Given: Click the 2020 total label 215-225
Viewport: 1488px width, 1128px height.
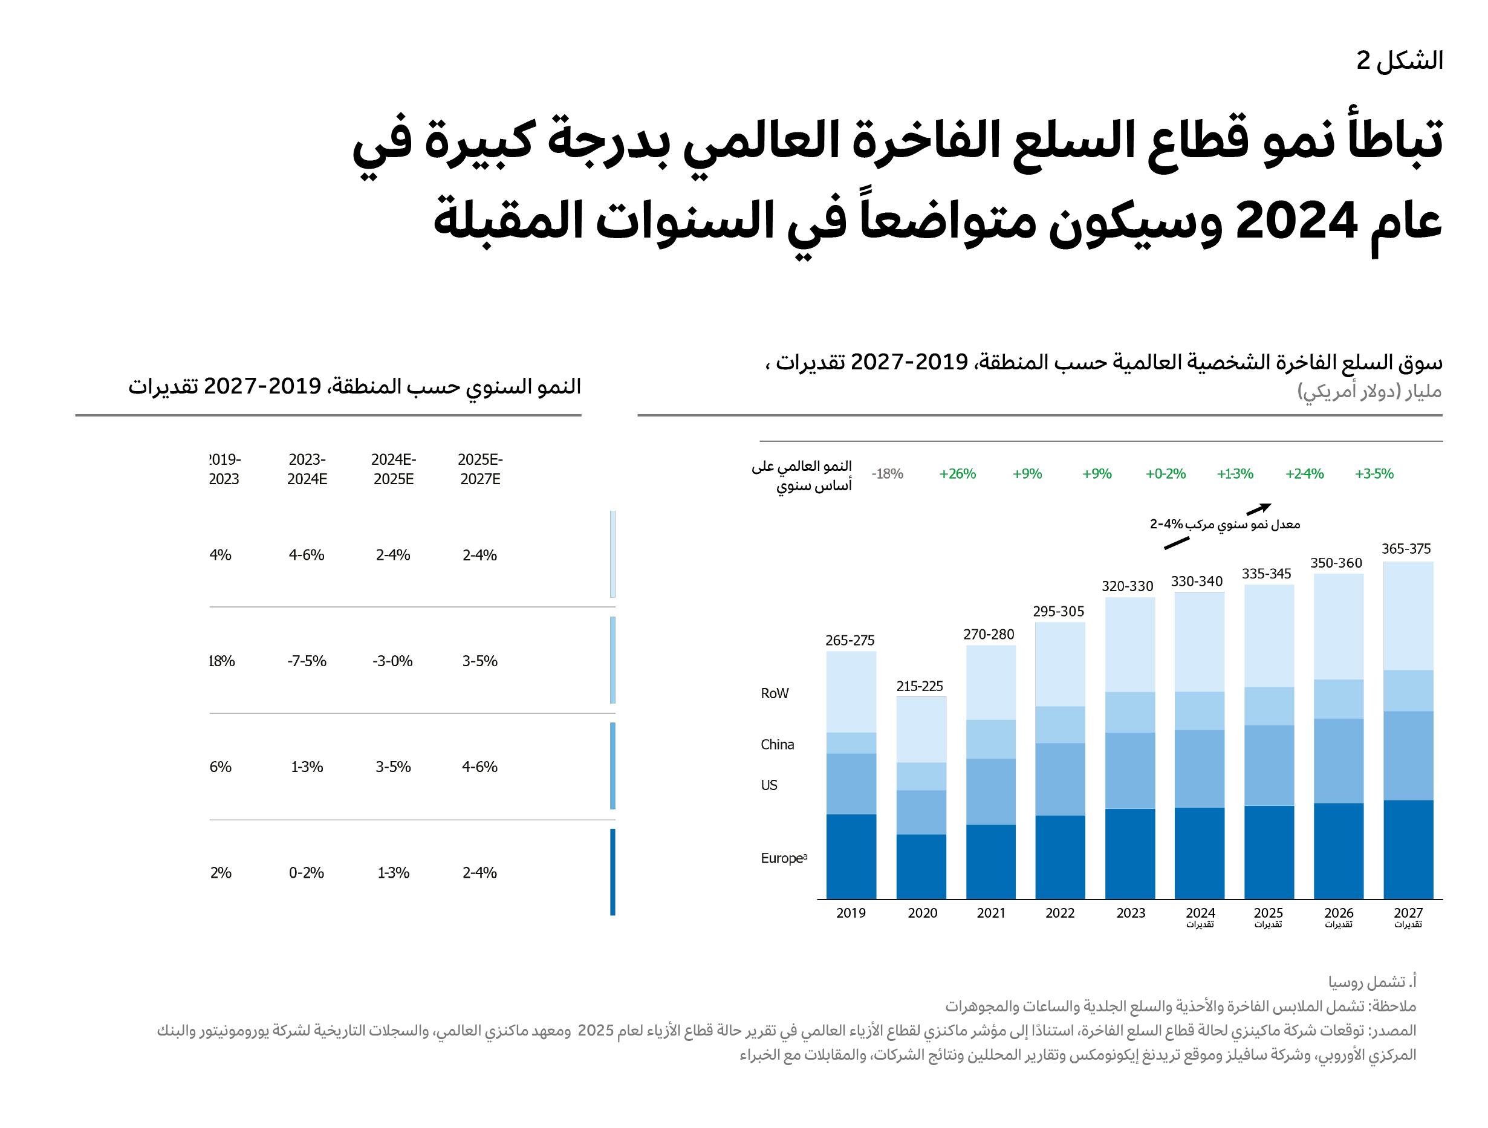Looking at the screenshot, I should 920,686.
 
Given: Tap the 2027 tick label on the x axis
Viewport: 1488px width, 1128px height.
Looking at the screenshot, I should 1408,913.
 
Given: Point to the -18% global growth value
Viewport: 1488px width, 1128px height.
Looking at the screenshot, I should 887,473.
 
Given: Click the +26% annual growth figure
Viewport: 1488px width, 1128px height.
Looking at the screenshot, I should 957,473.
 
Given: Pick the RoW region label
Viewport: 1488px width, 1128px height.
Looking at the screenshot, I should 775,693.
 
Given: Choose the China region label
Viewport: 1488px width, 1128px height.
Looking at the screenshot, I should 777,745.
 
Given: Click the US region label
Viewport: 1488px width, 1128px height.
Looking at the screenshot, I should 769,785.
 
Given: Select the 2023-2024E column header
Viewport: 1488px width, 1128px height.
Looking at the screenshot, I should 307,469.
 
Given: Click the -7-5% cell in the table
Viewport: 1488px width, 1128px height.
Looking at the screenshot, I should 307,661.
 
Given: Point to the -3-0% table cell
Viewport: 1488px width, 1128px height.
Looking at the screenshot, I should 393,661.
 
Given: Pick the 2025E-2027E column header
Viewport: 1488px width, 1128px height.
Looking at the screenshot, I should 479,469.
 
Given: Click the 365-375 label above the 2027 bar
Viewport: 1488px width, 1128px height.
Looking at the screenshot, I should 1406,549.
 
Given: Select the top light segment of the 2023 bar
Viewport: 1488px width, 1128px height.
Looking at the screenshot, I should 1130,644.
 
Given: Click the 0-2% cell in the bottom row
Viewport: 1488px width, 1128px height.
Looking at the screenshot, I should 307,873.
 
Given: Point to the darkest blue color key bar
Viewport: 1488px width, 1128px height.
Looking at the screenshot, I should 612,872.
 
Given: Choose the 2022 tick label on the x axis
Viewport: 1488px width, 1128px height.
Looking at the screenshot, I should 1059,913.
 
